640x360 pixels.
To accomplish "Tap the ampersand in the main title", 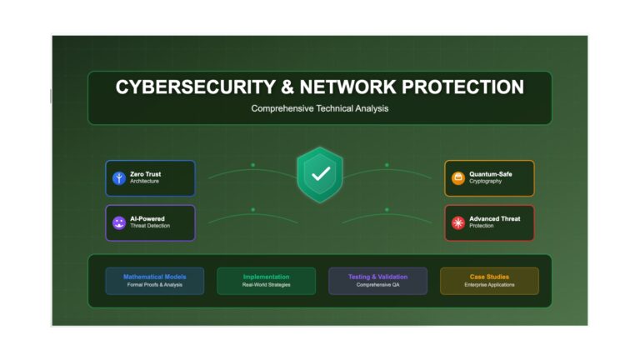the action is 287,87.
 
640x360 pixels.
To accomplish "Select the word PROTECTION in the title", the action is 462,87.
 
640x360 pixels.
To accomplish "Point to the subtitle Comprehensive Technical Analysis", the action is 320,108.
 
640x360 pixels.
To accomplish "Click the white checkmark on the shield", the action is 321,174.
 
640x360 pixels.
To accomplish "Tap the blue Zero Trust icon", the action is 119,178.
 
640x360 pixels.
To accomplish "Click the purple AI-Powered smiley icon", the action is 119,222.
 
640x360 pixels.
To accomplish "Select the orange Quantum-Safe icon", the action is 458,178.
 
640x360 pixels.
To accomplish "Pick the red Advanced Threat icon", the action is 458,222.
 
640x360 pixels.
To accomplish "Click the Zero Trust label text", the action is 145,174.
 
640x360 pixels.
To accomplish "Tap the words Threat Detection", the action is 150,226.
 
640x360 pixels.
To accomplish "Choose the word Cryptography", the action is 485,181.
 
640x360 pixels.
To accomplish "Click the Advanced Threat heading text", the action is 495,219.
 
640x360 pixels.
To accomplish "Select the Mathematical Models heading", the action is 155,277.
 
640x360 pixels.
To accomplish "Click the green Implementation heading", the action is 266,277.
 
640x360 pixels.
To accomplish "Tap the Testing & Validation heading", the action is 378,277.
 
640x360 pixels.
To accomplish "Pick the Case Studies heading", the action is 489,277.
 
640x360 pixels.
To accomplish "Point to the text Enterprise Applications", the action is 489,285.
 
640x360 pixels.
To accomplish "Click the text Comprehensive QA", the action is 378,285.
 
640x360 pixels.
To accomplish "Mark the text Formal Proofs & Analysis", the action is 155,285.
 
